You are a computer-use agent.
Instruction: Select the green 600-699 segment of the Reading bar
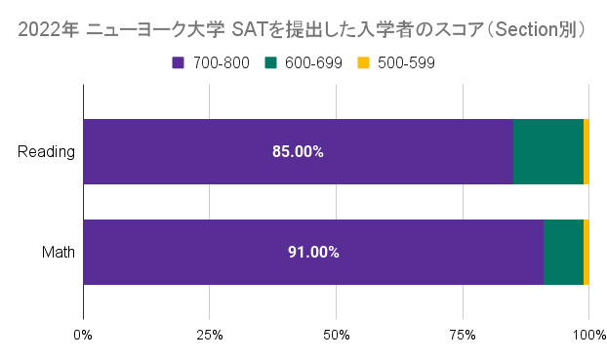[x=547, y=152]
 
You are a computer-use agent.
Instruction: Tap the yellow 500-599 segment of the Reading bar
[x=587, y=152]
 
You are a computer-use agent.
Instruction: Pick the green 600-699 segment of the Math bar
[x=563, y=252]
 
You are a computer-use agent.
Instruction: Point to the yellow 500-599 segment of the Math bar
[x=587, y=252]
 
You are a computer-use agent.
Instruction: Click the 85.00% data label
[x=298, y=152]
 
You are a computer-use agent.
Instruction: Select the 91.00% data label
[x=313, y=252]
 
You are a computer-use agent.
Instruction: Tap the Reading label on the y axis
[x=47, y=152]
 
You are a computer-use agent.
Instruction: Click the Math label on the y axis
[x=59, y=252]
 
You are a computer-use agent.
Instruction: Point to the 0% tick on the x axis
[x=83, y=336]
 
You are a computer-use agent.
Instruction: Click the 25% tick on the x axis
[x=209, y=336]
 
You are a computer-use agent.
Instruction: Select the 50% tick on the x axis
[x=336, y=336]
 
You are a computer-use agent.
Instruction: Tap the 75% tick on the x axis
[x=462, y=336]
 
